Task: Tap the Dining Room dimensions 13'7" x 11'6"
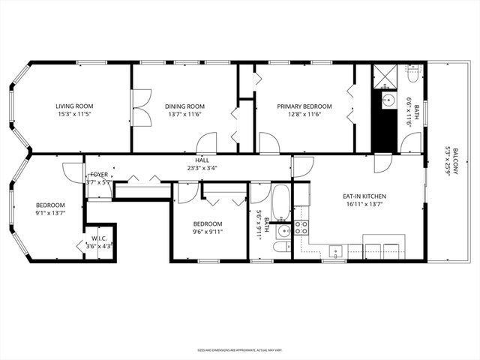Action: [x=185, y=115]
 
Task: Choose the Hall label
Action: [x=202, y=160]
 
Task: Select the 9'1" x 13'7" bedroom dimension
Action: [x=50, y=213]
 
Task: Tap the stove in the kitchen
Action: [x=301, y=227]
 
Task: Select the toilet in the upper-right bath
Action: [x=413, y=75]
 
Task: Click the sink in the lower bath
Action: [x=283, y=231]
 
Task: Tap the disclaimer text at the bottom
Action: [x=239, y=349]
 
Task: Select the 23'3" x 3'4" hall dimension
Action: [x=202, y=168]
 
